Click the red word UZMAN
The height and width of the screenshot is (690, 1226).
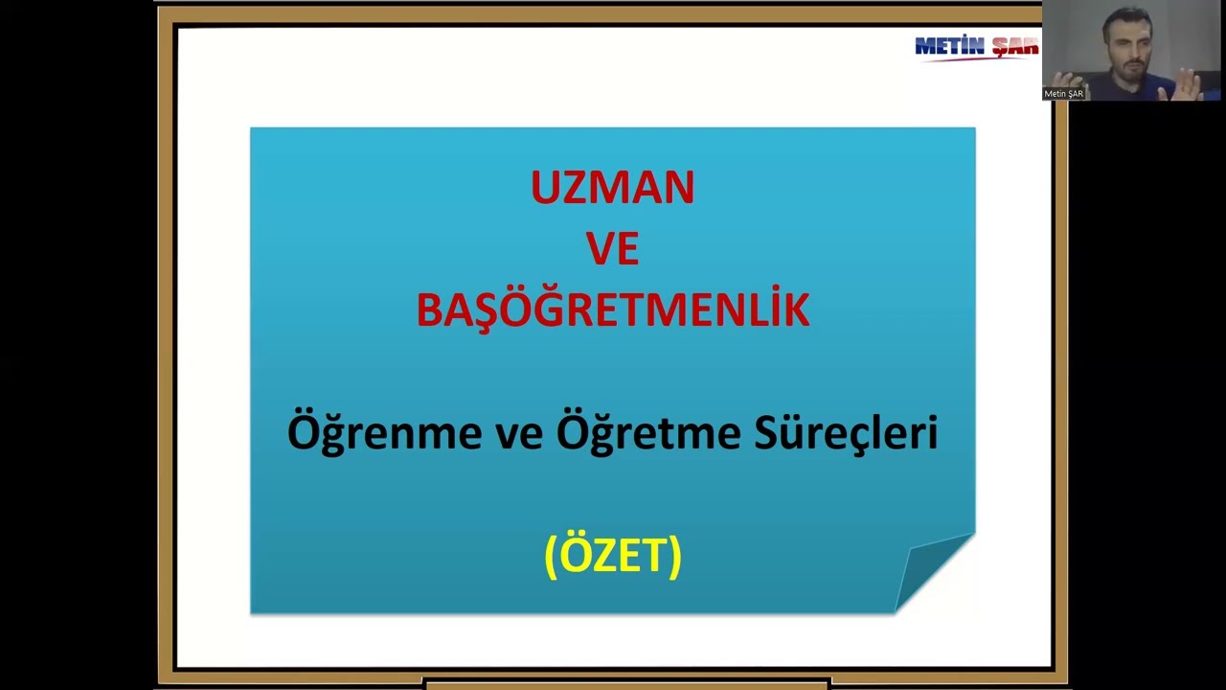click(612, 188)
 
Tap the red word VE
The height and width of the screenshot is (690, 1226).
click(612, 249)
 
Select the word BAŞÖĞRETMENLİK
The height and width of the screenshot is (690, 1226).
click(612, 310)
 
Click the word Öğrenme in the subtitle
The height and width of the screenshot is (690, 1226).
click(384, 433)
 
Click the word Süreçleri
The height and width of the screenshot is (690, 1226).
click(846, 433)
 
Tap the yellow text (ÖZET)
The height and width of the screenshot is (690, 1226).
click(612, 555)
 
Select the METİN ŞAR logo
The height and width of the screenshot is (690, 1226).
click(976, 47)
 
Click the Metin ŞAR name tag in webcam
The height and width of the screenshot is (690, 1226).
click(1063, 94)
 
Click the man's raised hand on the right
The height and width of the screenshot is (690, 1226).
click(1188, 86)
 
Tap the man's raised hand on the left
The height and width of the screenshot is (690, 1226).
click(1061, 80)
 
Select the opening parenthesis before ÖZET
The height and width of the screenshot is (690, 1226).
click(551, 556)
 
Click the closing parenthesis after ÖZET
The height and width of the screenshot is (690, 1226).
click(674, 556)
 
